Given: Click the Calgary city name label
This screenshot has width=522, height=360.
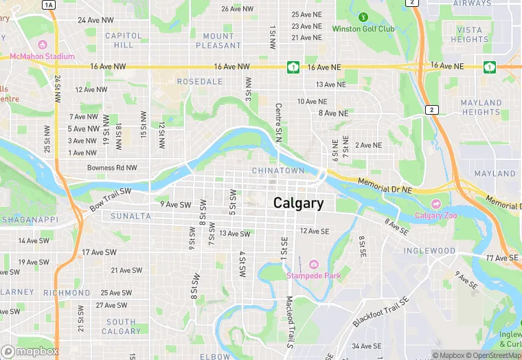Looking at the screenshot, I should tap(298, 203).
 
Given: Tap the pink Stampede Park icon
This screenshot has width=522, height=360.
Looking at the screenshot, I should tap(314, 265).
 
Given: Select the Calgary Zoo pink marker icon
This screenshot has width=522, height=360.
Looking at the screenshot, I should tap(435, 204).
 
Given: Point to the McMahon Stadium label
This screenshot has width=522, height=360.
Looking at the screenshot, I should tap(42, 56).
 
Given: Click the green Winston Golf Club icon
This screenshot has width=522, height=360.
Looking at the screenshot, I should tap(363, 17).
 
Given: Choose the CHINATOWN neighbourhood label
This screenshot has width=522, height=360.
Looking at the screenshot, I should tap(277, 170).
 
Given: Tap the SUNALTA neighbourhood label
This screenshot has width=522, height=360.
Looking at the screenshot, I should tap(130, 216).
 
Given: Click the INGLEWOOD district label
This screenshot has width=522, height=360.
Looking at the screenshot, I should tap(429, 251).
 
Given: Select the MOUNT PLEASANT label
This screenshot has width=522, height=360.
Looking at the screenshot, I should tap(218, 41).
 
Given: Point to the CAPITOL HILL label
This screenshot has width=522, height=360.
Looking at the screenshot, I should tap(124, 40).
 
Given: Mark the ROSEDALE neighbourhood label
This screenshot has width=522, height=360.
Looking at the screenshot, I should tap(200, 81).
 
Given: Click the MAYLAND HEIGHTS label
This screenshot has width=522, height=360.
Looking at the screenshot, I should tap(481, 107).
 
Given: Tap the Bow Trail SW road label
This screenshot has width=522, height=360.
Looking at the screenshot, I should tap(110, 199).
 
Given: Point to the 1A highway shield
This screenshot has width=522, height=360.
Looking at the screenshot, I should tap(48, 5).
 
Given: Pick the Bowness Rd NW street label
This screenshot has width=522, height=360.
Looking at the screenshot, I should tap(112, 168).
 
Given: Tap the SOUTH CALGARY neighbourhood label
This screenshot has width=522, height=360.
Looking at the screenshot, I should tap(122, 326).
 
